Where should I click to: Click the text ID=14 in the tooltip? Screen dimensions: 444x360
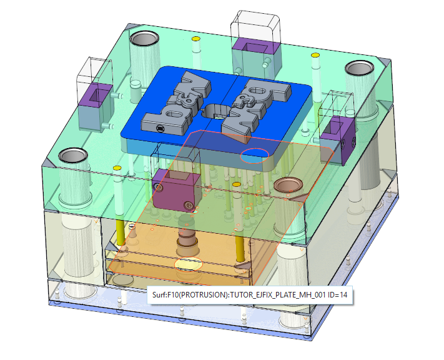coord(337,295)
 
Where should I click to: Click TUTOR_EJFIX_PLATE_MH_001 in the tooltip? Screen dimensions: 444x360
coord(277,295)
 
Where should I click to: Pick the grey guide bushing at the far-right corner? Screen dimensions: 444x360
coord(359,68)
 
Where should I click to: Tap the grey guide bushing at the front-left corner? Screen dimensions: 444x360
coord(74,156)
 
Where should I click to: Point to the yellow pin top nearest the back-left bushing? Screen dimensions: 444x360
coord(195,39)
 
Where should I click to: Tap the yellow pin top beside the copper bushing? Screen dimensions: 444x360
coord(237,184)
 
